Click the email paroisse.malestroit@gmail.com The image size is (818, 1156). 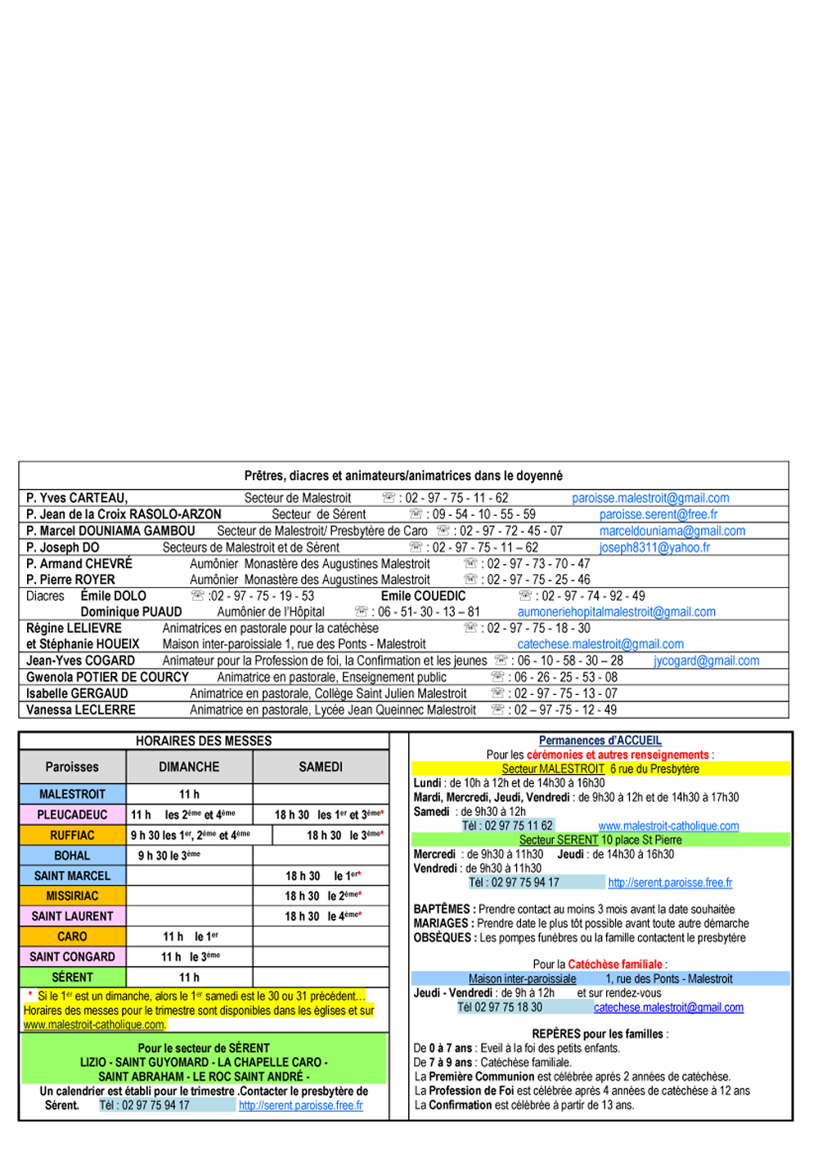tap(650, 498)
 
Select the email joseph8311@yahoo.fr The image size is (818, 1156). tap(654, 548)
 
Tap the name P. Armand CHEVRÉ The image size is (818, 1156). tap(79, 563)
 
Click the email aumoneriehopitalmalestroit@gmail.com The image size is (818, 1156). tap(616, 612)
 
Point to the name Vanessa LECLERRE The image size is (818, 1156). tap(80, 710)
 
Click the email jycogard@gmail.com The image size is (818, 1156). tap(706, 661)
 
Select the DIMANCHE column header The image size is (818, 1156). tap(189, 766)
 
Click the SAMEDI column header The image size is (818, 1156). tap(321, 766)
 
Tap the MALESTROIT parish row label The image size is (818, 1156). tap(73, 794)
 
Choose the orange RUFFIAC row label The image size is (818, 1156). tap(73, 835)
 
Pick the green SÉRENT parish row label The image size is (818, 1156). tap(73, 977)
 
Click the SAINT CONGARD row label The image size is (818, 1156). tap(73, 957)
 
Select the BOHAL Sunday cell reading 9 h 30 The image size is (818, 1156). tap(169, 855)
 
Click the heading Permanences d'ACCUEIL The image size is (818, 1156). tap(600, 741)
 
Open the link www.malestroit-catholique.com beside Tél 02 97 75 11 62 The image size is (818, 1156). tap(669, 826)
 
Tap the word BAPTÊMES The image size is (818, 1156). tap(442, 909)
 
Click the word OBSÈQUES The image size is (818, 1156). tap(442, 938)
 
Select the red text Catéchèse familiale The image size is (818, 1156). tap(615, 964)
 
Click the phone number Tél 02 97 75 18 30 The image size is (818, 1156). tap(500, 1007)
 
